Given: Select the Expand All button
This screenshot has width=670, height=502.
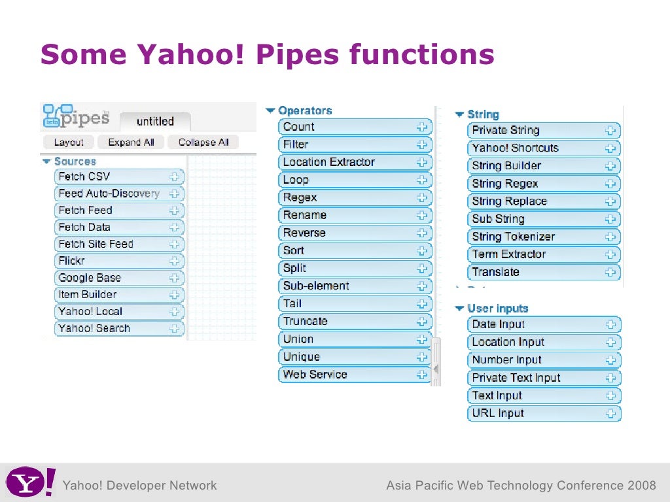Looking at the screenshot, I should (x=131, y=142).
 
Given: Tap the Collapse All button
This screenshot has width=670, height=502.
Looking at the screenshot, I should (x=203, y=142).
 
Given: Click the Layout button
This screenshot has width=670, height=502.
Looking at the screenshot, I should (x=69, y=142).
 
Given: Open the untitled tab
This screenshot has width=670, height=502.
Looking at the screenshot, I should (x=155, y=121).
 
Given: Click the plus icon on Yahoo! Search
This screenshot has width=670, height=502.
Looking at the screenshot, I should (x=175, y=329).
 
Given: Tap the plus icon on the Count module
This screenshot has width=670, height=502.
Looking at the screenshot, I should (x=422, y=127).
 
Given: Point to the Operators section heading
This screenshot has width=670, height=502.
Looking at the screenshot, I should (x=305, y=110).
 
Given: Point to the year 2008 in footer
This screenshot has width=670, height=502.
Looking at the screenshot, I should (x=641, y=485).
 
